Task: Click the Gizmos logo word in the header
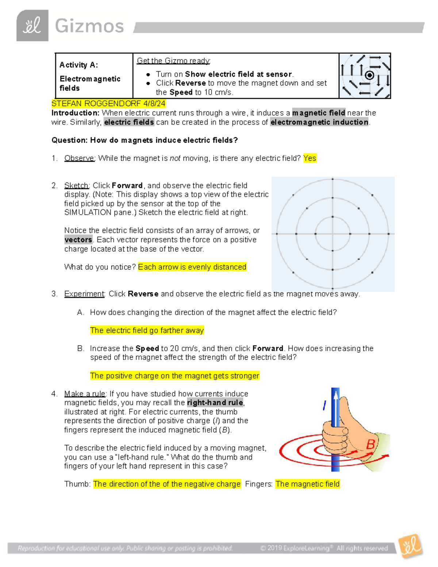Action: tap(89, 26)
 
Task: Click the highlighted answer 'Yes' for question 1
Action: tap(310, 158)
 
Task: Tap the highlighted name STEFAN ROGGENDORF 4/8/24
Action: tap(108, 104)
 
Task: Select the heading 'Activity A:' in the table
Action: tap(79, 65)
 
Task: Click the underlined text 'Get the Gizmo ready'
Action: tap(173, 61)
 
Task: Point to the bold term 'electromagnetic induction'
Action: tap(319, 122)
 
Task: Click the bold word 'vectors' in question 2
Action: tap(78, 240)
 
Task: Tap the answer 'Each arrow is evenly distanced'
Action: tap(192, 267)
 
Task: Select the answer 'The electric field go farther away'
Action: tap(147, 330)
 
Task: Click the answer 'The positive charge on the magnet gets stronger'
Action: tap(174, 376)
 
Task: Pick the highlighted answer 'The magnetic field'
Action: tap(307, 484)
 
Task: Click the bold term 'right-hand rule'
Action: tap(215, 403)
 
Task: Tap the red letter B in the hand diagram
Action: tap(370, 445)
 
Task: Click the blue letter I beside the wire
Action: tap(324, 405)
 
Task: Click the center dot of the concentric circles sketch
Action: tap(333, 234)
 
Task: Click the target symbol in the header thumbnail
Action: tap(369, 76)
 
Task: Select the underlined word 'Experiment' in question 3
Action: tap(84, 294)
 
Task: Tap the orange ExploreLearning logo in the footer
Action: tap(411, 547)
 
